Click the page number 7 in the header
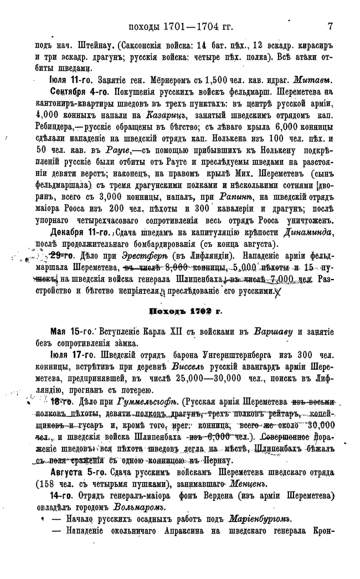330,26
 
